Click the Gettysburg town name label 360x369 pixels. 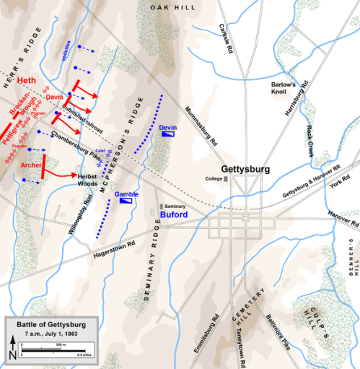click(x=245, y=168)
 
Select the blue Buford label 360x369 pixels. click(x=175, y=215)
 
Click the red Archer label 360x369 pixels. click(x=31, y=165)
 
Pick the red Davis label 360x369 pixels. click(x=54, y=97)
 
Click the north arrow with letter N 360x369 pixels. click(x=13, y=354)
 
